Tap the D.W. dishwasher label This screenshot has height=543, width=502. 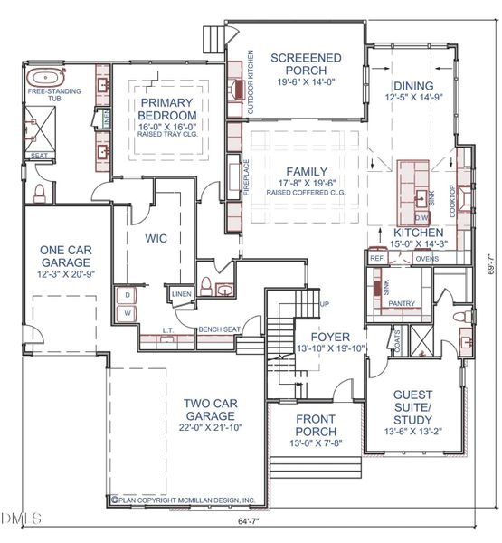click(x=421, y=218)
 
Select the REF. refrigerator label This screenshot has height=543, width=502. click(x=377, y=257)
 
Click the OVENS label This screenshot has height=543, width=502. click(x=426, y=257)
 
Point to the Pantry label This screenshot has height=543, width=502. click(x=402, y=304)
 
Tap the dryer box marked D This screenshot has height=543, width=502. click(x=128, y=295)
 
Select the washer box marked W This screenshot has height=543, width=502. click(x=128, y=313)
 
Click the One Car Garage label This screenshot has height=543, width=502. click(x=63, y=256)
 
